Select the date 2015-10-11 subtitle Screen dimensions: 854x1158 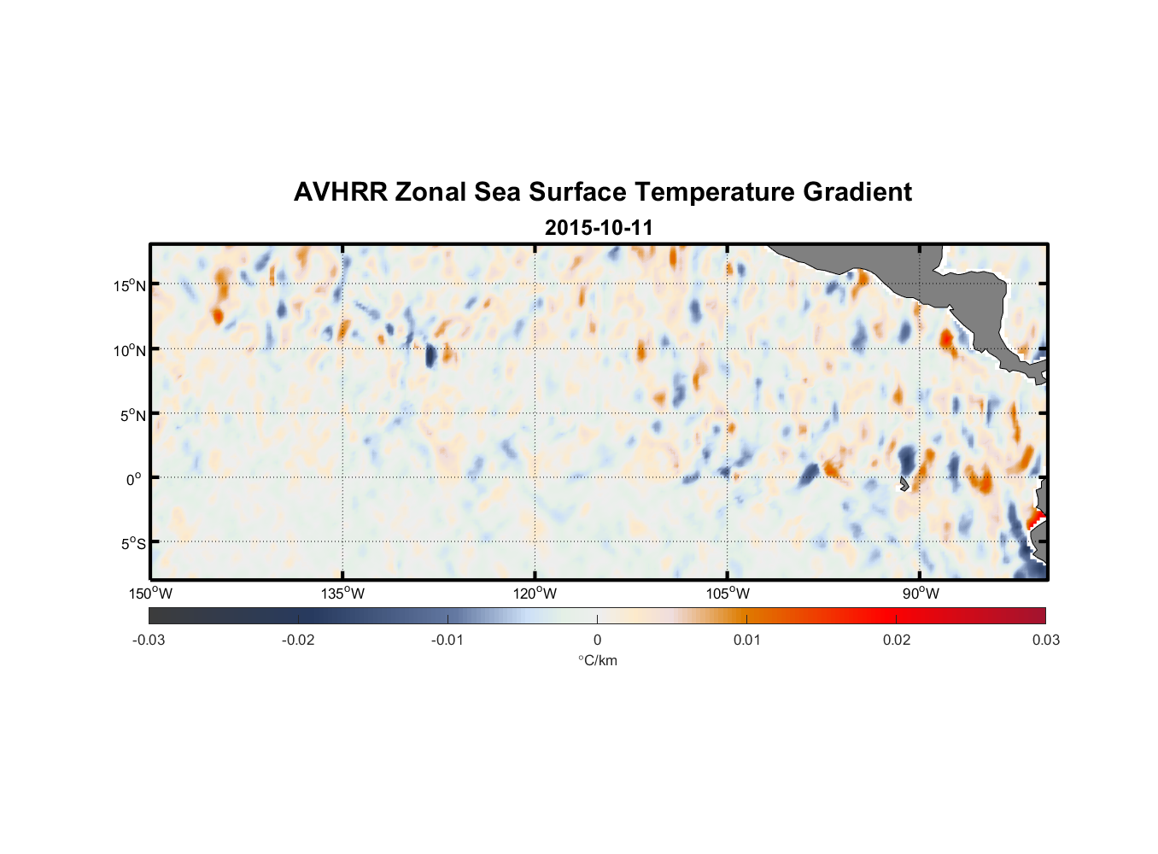pyautogui.click(x=599, y=228)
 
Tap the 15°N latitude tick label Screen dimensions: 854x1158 pyautogui.click(x=130, y=285)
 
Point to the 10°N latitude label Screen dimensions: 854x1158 pyautogui.click(x=130, y=350)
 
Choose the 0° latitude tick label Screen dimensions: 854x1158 pyautogui.click(x=134, y=479)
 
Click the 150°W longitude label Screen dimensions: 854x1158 pyautogui.click(x=151, y=594)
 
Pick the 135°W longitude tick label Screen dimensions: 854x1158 pyautogui.click(x=342, y=594)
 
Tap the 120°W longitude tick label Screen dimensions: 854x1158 pyautogui.click(x=535, y=594)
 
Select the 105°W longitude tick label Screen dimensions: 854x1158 pyautogui.click(x=728, y=594)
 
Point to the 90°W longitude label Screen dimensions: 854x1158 pyautogui.click(x=921, y=594)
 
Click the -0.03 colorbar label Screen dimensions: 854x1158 pyautogui.click(x=149, y=640)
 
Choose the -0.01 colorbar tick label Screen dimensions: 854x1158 pyautogui.click(x=447, y=640)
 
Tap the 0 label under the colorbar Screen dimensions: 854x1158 pyautogui.click(x=597, y=640)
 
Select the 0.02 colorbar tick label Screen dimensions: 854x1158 pyautogui.click(x=897, y=640)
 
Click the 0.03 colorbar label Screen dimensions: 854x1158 pyautogui.click(x=1045, y=640)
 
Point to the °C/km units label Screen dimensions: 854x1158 pyautogui.click(x=598, y=660)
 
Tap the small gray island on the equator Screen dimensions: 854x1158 pyautogui.click(x=904, y=484)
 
